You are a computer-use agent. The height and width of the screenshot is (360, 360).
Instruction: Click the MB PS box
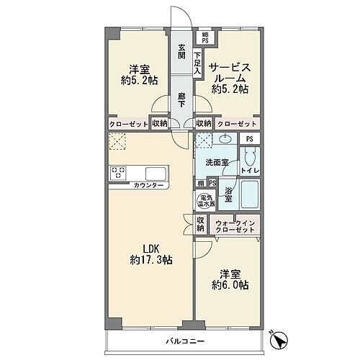pyautogui.click(x=204, y=37)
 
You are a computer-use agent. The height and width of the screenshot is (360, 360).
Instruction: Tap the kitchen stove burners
pyautogui.click(x=118, y=174)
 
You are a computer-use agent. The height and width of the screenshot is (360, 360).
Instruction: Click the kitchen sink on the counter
pyautogui.click(x=156, y=174)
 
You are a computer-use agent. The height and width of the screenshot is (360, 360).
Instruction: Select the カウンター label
pyautogui.click(x=149, y=186)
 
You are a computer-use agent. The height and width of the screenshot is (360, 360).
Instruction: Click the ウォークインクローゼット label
pyautogui.click(x=235, y=227)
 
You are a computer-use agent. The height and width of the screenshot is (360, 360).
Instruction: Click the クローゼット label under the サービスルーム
pyautogui.click(x=236, y=123)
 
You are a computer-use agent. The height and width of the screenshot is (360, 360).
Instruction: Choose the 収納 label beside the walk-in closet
pyautogui.click(x=202, y=224)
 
